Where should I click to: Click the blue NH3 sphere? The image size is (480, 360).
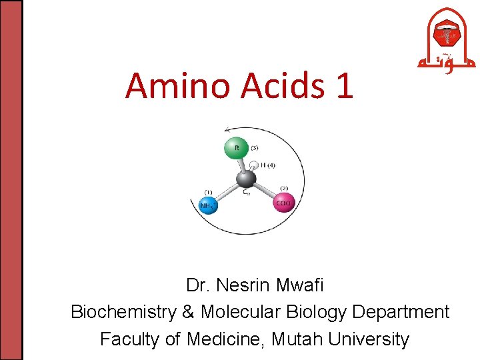click(207, 205)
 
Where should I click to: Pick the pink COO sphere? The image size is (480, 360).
click(284, 203)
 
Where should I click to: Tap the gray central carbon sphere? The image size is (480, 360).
click(245, 179)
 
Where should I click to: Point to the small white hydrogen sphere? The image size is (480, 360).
click(253, 164)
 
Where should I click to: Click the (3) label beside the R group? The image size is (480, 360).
click(255, 147)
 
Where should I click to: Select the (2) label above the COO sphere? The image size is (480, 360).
click(283, 189)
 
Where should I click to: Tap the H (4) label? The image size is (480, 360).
click(268, 165)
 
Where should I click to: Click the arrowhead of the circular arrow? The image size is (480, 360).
click(229, 130)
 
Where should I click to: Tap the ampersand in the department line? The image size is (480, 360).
click(187, 312)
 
